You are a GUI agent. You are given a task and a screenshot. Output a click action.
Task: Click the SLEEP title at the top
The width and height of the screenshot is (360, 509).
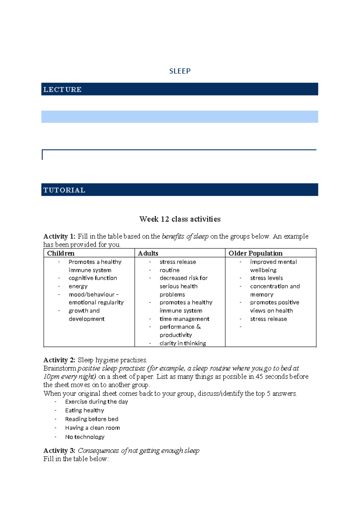[180, 71]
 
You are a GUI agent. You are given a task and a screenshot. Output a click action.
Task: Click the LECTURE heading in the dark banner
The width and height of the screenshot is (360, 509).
[62, 89]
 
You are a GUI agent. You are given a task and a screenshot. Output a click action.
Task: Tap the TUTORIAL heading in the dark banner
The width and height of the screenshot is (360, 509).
[64, 190]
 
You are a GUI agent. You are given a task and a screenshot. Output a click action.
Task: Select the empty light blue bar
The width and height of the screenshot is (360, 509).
[179, 116]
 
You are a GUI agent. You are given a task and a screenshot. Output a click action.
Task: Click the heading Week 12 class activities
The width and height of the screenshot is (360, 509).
[180, 219]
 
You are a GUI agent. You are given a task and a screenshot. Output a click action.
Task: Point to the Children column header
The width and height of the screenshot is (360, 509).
[61, 253]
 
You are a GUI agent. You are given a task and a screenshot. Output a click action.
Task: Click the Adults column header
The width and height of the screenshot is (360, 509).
[148, 253]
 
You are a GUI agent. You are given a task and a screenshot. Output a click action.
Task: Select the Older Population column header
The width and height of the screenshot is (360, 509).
[255, 253]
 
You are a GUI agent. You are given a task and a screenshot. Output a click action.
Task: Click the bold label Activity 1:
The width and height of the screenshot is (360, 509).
[59, 236]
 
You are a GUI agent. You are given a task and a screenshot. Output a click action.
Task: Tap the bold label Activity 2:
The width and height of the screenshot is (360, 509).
[59, 360]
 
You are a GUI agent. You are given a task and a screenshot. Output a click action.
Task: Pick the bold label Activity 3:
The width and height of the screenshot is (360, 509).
[59, 450]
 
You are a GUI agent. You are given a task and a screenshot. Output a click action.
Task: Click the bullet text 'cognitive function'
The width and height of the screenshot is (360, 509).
[93, 278]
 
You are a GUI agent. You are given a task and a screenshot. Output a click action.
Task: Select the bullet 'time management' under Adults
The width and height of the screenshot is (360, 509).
[184, 319]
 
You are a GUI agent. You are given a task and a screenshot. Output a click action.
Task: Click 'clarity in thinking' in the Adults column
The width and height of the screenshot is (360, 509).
[183, 343]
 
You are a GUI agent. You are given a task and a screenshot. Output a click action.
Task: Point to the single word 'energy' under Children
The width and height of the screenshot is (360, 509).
[78, 286]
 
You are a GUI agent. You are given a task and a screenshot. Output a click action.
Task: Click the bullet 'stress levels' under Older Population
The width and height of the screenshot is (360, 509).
[266, 278]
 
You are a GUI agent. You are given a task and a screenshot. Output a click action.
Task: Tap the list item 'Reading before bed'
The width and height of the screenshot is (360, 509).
[91, 419]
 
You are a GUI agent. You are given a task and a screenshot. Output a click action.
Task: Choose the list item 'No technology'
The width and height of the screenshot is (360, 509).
[85, 437]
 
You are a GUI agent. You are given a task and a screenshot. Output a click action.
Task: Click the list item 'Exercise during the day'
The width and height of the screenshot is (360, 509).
[96, 402]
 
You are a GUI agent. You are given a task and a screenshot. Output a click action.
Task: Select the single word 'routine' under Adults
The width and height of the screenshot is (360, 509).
[169, 270]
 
